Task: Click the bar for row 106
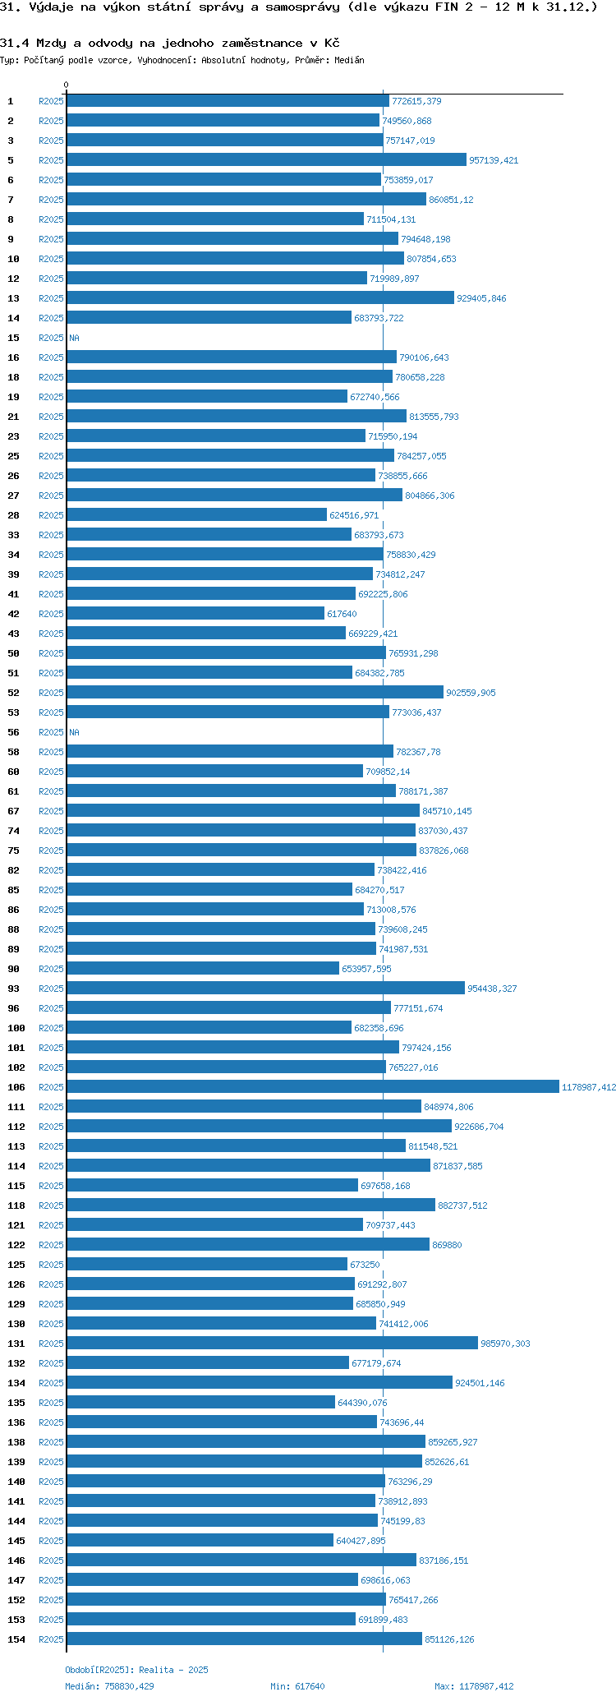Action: pyautogui.click(x=312, y=1086)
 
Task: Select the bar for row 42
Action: pyautogui.click(x=195, y=613)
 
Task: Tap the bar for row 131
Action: pyautogui.click(x=272, y=1343)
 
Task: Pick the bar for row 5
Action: pyautogui.click(x=266, y=159)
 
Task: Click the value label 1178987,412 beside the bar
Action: pyautogui.click(x=588, y=1087)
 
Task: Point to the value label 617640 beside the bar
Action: pyautogui.click(x=342, y=614)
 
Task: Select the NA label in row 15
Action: pyautogui.click(x=74, y=338)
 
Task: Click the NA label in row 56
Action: pyautogui.click(x=74, y=732)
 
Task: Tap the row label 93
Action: pyautogui.click(x=13, y=989)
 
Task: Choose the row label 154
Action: pyautogui.click(x=16, y=1639)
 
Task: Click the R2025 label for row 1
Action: pyautogui.click(x=51, y=101)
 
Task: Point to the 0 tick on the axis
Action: pyautogui.click(x=67, y=85)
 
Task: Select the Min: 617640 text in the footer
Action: pyautogui.click(x=297, y=1686)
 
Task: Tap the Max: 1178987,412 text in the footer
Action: pyautogui.click(x=474, y=1686)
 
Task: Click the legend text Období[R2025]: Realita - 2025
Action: pyautogui.click(x=136, y=1670)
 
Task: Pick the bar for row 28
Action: pyautogui.click(x=196, y=514)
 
